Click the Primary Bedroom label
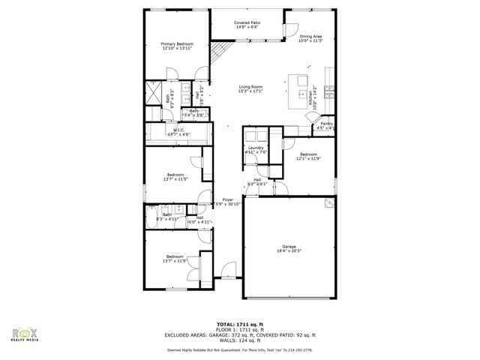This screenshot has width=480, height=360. (x=178, y=44)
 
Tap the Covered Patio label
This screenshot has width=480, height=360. (x=247, y=23)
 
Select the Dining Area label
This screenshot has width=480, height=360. (x=310, y=36)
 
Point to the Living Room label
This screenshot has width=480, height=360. (x=250, y=86)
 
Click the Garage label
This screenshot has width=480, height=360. (x=289, y=247)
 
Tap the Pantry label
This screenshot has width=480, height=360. (x=326, y=124)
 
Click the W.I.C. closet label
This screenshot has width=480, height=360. (x=178, y=130)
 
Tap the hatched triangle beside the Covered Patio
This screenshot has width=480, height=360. (x=217, y=52)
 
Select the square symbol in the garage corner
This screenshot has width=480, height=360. (x=328, y=202)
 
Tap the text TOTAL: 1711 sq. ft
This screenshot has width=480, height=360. (x=239, y=323)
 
